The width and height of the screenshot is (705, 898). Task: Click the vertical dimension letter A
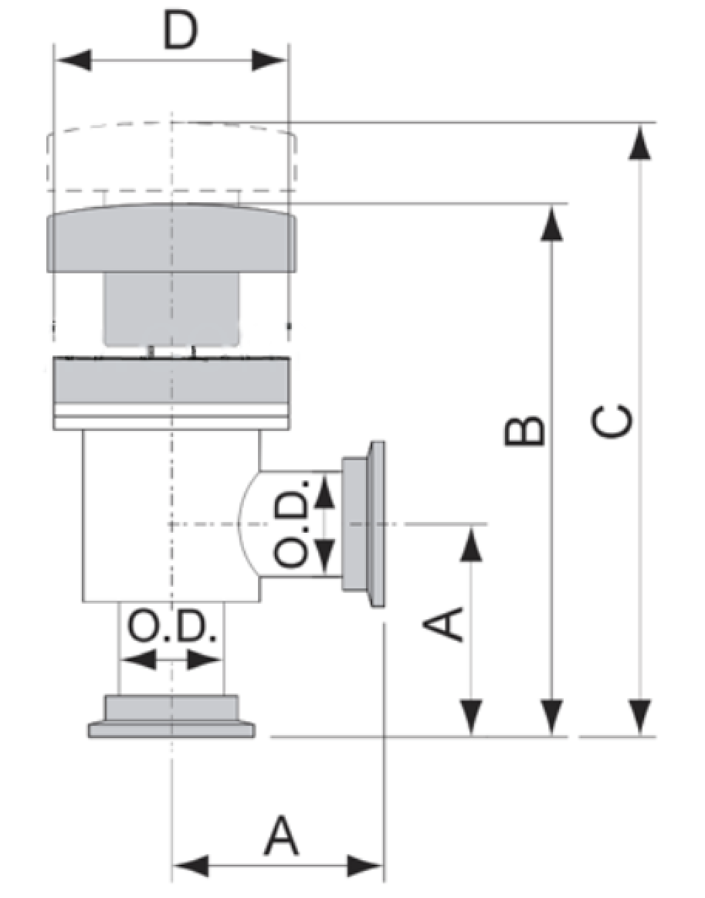point(445,624)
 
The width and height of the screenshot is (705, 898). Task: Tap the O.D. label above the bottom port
point(172,629)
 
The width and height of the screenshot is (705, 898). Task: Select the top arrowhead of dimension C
point(638,144)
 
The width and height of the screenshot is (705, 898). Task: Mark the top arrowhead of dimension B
point(551,224)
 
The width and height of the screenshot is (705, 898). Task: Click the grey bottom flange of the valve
point(171,718)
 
